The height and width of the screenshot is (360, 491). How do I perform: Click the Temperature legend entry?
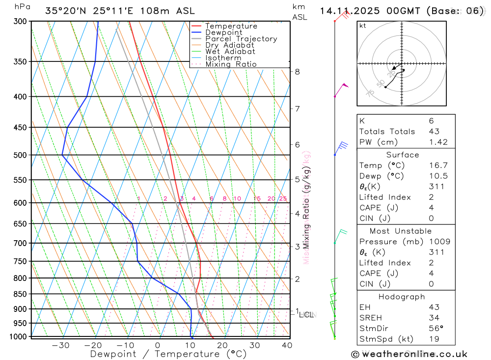(x=231, y=26)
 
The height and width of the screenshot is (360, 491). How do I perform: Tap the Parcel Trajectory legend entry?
(x=241, y=39)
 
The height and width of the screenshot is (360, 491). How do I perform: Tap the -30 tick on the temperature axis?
(x=60, y=345)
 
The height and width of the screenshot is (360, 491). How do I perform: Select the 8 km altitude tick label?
(x=298, y=72)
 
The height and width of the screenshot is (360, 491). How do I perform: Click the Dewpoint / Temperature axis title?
(x=168, y=354)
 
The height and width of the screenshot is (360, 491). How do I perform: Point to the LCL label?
(x=306, y=314)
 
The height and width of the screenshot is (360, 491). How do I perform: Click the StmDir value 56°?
(x=436, y=329)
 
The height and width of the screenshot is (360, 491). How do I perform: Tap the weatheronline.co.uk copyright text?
(x=409, y=354)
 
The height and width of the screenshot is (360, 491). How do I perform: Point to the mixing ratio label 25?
(x=283, y=198)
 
